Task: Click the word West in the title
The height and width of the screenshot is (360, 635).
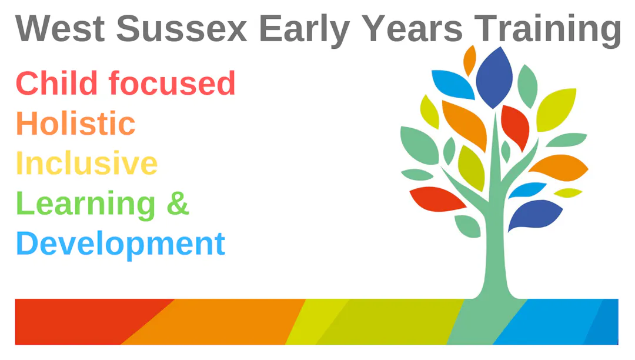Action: pyautogui.click(x=60, y=28)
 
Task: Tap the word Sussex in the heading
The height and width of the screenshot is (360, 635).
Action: pyautogui.click(x=182, y=28)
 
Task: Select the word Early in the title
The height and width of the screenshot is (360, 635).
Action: pyautogui.click(x=304, y=31)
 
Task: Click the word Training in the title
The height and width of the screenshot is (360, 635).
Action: pyautogui.click(x=547, y=31)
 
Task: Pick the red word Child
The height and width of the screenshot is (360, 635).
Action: pyautogui.click(x=56, y=82)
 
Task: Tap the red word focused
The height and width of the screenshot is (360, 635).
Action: pyautogui.click(x=172, y=82)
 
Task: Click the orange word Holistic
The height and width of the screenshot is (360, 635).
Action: pyautogui.click(x=76, y=123)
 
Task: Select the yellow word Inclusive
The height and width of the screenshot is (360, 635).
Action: pyautogui.click(x=86, y=163)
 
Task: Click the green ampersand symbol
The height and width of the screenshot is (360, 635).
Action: pyautogui.click(x=178, y=202)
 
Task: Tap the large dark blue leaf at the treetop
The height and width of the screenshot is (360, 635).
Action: pyautogui.click(x=494, y=78)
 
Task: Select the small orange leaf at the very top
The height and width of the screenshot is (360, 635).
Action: pyautogui.click(x=470, y=60)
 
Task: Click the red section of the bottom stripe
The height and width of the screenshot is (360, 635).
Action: pyautogui.click(x=81, y=322)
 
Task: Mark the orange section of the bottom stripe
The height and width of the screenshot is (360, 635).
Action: pyautogui.click(x=215, y=322)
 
